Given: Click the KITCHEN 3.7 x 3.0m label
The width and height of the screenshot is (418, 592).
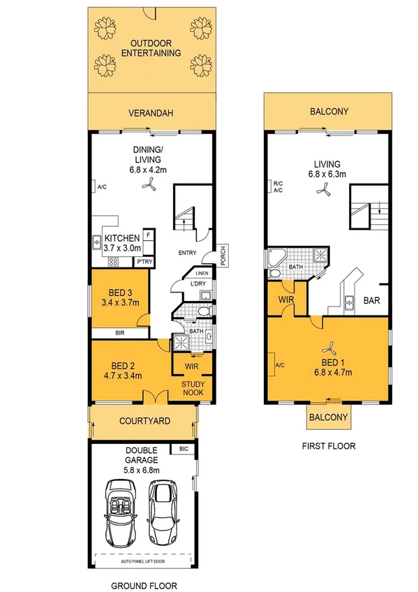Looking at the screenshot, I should [x=123, y=242].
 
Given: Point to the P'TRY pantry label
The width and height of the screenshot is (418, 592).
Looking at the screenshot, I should [x=144, y=262].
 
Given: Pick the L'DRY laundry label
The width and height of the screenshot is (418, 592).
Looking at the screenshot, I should [x=200, y=284].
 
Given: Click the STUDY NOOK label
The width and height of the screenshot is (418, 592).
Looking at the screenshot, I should [x=193, y=389].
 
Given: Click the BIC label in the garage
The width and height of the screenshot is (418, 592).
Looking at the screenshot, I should [x=184, y=449].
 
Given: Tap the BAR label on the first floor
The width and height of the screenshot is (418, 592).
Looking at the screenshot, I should [x=372, y=301].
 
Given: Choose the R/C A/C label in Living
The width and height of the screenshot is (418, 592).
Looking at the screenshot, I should [x=277, y=186].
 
